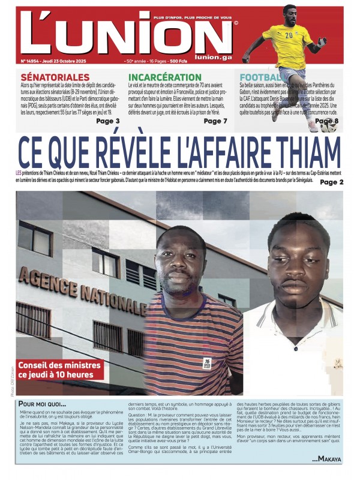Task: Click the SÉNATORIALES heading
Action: (55, 77)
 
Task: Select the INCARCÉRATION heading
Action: (165, 77)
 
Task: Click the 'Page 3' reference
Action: (108, 121)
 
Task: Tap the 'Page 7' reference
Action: (215, 121)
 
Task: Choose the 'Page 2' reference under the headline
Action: (331, 182)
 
